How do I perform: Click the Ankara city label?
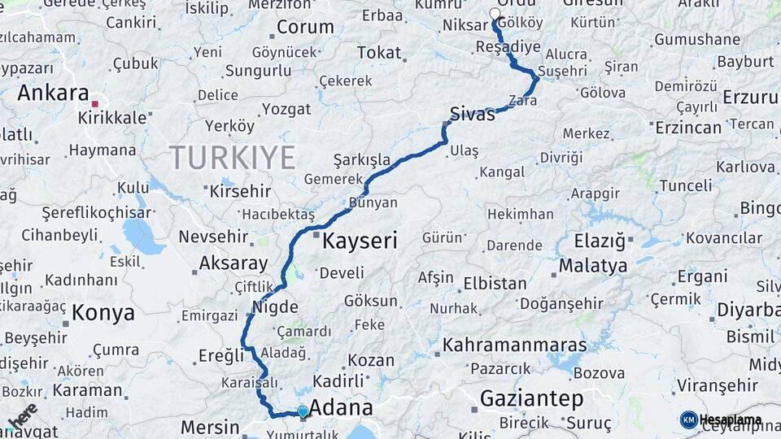pos(52,93)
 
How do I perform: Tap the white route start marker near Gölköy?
pos(495,14)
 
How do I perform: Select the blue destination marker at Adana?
pos(303,412)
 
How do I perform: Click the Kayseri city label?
pos(360,241)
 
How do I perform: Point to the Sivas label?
pos(472,114)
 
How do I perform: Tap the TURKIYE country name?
pos(232,157)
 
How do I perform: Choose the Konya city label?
pos(103,312)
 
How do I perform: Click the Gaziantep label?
pos(532,399)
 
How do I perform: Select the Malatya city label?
pos(592,266)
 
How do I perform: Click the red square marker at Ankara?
pos(95,104)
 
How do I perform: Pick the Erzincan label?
pos(687,128)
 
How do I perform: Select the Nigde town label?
pos(270,307)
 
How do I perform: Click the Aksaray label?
pos(233,263)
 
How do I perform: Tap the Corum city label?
pos(305,27)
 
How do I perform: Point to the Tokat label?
pos(379,53)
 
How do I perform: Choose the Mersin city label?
pos(210,427)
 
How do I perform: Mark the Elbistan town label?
pos(495,284)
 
